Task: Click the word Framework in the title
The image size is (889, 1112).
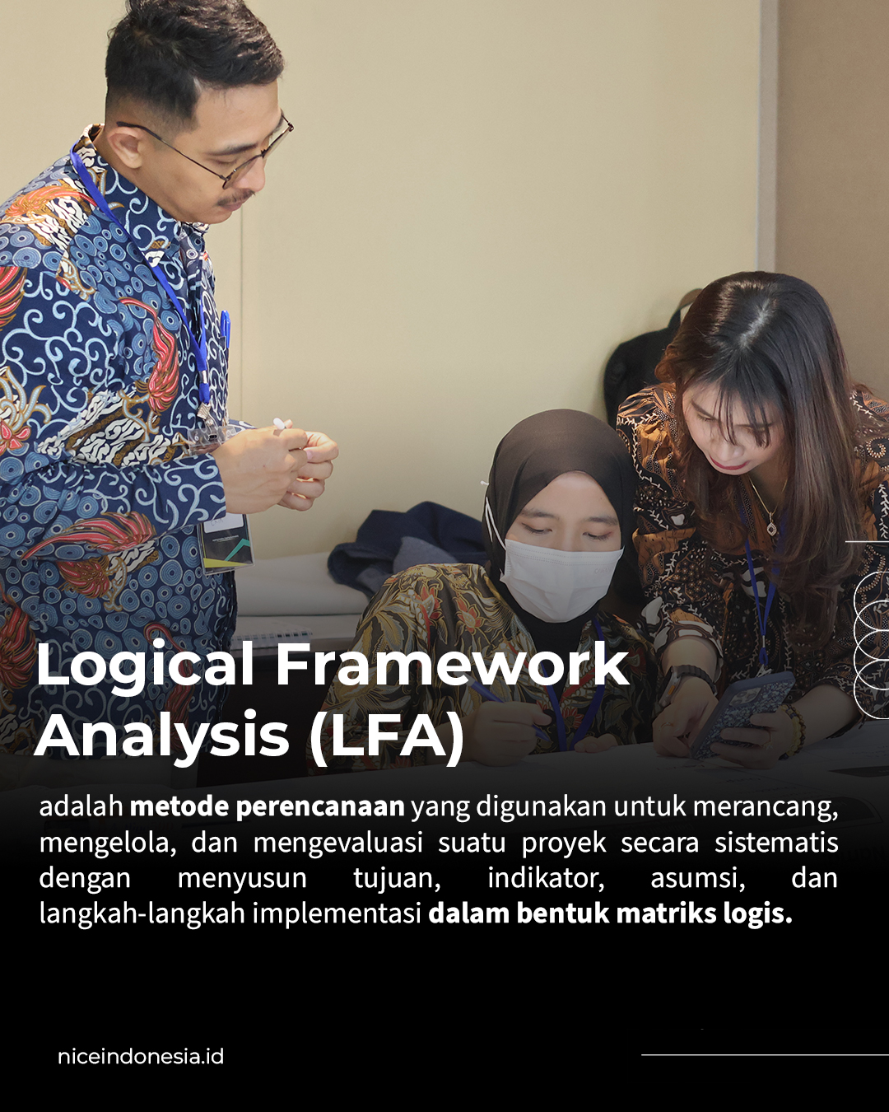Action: click(452, 665)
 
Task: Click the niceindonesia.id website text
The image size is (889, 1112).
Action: click(141, 1057)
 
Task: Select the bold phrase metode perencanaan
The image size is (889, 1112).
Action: click(267, 807)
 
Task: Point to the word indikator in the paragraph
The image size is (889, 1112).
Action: click(546, 878)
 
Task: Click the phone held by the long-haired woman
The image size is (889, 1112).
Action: click(744, 714)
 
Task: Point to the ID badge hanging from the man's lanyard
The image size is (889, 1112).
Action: click(226, 544)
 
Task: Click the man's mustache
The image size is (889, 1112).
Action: click(235, 198)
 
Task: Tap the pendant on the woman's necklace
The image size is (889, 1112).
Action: click(771, 528)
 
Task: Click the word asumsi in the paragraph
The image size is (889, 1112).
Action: click(698, 878)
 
